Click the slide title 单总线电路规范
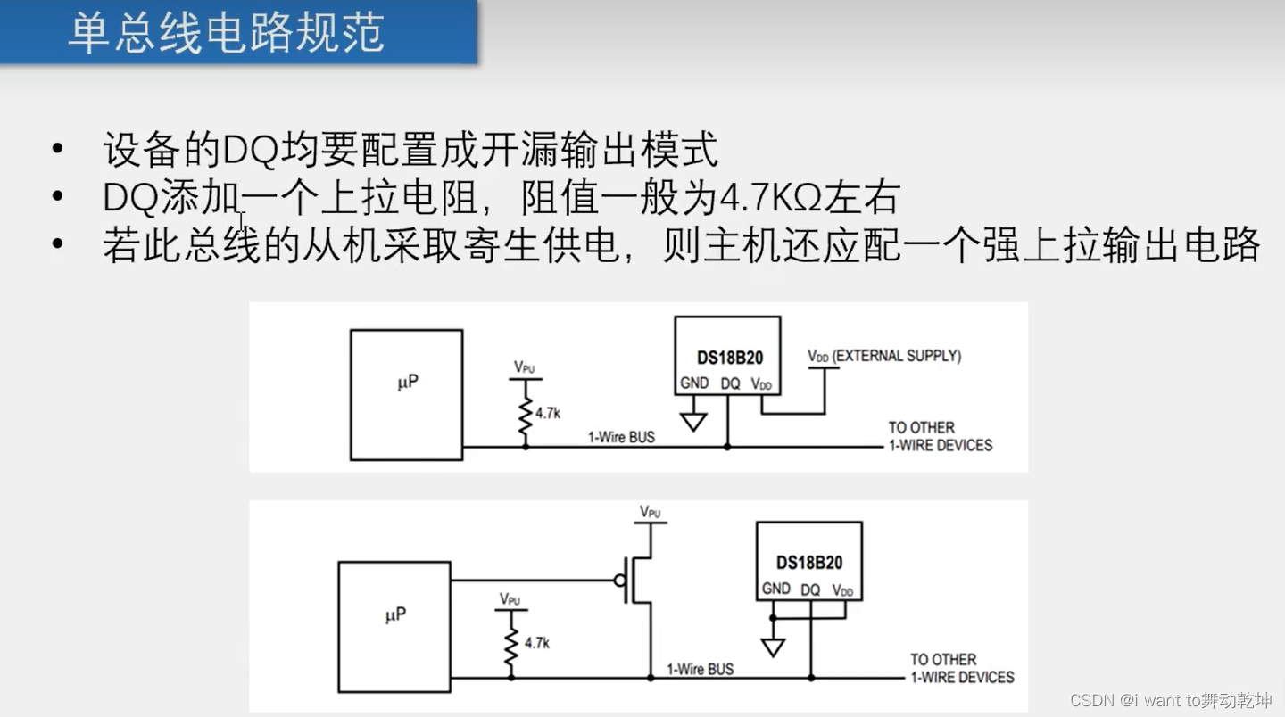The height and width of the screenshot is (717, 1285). [226, 33]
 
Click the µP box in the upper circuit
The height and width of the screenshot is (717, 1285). [406, 394]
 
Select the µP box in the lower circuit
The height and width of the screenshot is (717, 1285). [394, 626]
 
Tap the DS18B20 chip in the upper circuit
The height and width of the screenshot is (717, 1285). [727, 355]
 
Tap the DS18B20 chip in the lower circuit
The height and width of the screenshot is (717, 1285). [808, 561]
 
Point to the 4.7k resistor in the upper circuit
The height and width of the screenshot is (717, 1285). [526, 412]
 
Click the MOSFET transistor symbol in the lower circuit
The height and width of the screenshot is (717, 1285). [636, 581]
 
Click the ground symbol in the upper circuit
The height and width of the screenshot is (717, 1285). [693, 420]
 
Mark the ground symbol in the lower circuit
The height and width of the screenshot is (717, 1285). [773, 647]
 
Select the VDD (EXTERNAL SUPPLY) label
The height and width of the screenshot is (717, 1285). [883, 356]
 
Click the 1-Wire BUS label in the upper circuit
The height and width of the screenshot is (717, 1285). [621, 437]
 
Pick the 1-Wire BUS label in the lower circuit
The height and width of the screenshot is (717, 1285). [701, 669]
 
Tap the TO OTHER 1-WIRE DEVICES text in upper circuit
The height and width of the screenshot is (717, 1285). [940, 436]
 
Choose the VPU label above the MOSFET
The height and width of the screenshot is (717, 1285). [651, 513]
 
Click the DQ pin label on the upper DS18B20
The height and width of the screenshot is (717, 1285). [730, 383]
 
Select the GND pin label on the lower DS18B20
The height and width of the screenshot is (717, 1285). [775, 589]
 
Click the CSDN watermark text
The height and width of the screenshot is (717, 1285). [1171, 700]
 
